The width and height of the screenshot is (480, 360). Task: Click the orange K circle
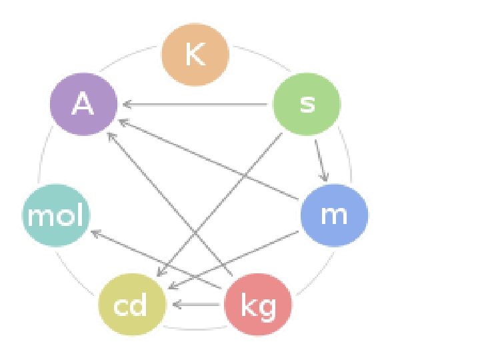195,55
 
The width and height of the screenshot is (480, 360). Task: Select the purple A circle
83,104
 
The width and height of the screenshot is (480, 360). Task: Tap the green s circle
307,104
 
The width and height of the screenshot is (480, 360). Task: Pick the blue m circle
333,215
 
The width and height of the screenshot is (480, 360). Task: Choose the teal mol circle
56,215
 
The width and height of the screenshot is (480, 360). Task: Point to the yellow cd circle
131,305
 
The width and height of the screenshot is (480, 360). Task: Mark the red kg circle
258,305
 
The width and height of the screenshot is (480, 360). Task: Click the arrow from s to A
200,104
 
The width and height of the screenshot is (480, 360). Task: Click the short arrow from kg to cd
197,305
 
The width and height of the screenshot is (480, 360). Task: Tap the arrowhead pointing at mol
93,233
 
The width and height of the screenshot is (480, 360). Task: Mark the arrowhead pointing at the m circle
325,177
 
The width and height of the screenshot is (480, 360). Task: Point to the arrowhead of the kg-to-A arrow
111,135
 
